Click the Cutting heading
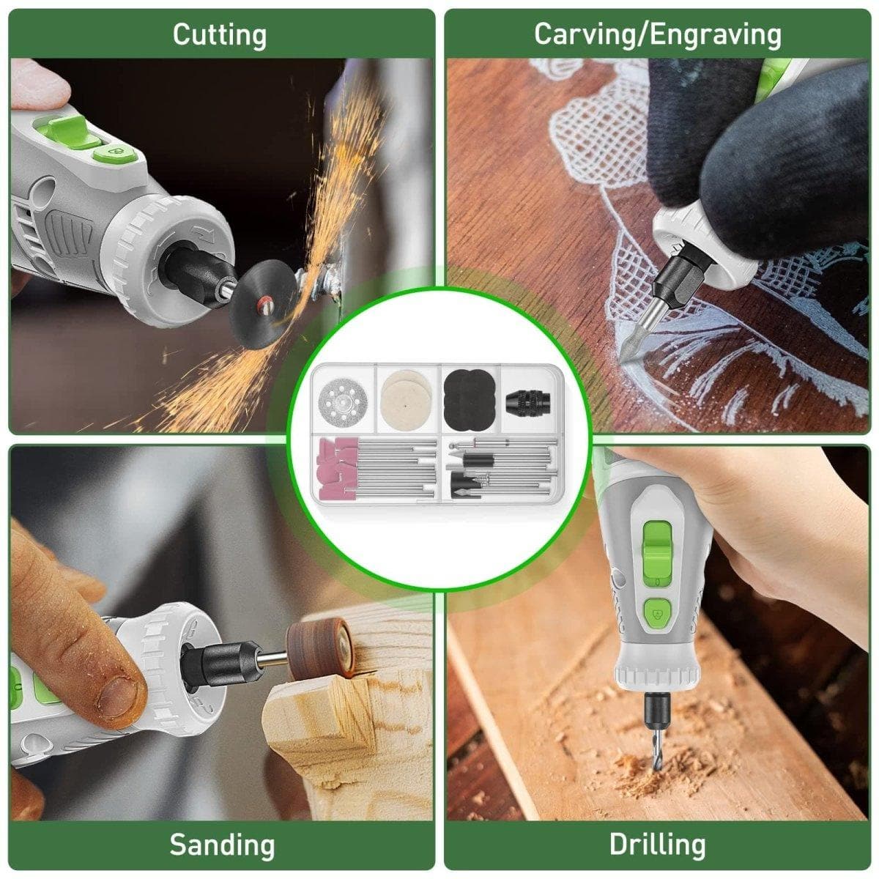[x=220, y=35]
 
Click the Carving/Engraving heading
[x=657, y=34]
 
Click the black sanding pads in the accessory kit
[x=469, y=393]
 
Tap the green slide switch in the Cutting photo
[x=64, y=129]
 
